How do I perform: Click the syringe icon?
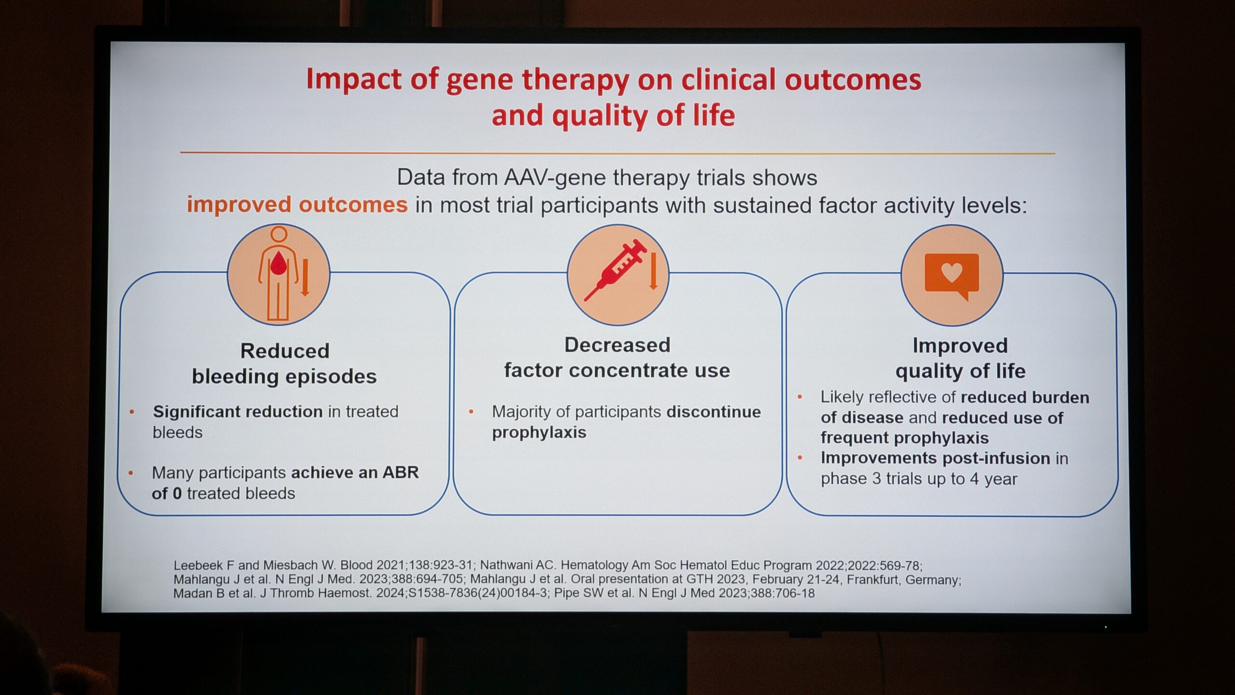point(616,270)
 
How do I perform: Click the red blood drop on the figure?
point(278,264)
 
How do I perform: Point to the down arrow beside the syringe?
point(654,271)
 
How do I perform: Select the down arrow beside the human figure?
point(305,277)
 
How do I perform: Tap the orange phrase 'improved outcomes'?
point(297,204)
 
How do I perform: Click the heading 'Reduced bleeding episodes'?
point(285,363)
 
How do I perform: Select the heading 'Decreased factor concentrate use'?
point(617,358)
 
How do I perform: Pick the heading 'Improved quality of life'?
point(960,358)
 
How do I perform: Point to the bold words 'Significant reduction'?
point(238,412)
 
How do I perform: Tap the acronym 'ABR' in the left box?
point(400,472)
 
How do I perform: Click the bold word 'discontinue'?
point(714,412)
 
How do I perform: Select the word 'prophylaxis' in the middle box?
point(539,432)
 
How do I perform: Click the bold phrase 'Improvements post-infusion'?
point(935,458)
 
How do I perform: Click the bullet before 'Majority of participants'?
point(471,412)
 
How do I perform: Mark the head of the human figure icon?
point(279,235)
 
